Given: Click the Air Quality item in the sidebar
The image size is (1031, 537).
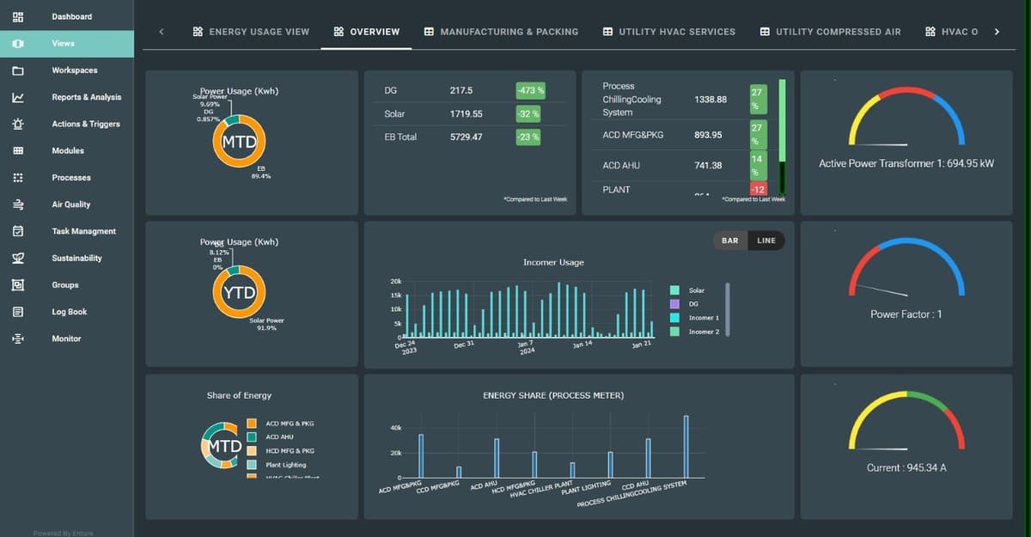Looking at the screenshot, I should tap(70, 204).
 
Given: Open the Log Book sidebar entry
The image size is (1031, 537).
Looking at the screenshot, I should tap(69, 312).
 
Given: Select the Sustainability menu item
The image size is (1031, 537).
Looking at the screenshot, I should tap(76, 258).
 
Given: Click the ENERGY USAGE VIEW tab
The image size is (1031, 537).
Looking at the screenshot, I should tap(251, 32).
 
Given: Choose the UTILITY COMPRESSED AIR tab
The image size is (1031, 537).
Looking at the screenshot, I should tap(830, 32).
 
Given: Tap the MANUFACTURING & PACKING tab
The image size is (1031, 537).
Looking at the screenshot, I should tap(501, 32).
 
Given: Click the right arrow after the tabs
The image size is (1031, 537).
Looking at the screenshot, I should tap(997, 32).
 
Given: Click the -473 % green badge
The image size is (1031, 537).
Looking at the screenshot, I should tap(529, 90).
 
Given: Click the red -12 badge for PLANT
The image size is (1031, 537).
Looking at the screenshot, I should tap(757, 189).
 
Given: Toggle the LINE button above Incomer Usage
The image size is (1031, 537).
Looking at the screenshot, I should tap(766, 241).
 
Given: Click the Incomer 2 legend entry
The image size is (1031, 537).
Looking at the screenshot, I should tap(704, 332).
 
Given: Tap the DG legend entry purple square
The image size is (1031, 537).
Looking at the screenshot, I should tap(674, 304).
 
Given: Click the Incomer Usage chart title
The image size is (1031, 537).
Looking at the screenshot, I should tap(552, 262).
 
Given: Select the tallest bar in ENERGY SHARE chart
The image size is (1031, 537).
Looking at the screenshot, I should tap(686, 446).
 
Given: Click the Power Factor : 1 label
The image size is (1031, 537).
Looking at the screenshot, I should tap(906, 314).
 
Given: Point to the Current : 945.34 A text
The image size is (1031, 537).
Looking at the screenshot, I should tap(906, 468).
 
